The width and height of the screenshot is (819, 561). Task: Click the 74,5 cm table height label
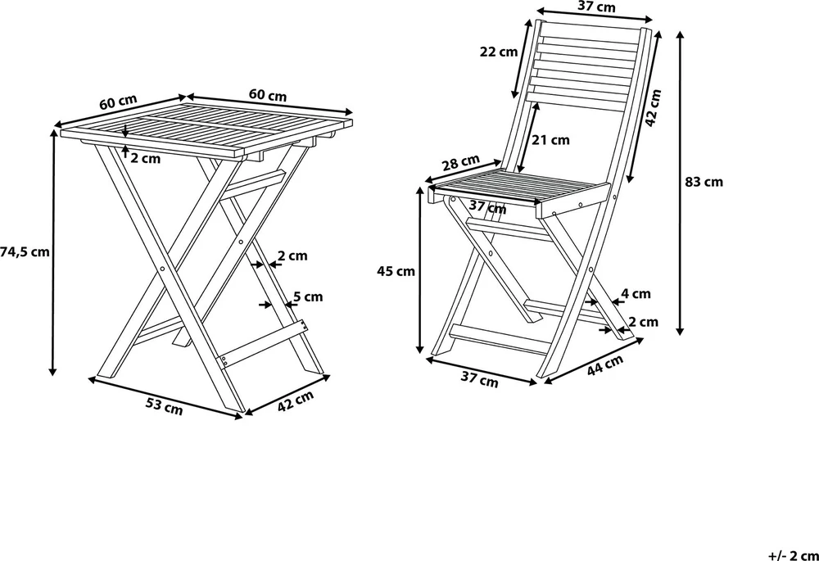tap(25, 252)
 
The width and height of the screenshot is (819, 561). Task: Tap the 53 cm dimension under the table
tap(165, 406)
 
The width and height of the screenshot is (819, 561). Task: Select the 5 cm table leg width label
tap(308, 296)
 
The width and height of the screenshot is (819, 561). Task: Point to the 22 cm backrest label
tap(499, 52)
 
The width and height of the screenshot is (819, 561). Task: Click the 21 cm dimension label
tap(550, 139)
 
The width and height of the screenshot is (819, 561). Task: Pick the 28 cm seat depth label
tap(460, 163)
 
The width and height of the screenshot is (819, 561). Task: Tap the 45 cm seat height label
tap(396, 271)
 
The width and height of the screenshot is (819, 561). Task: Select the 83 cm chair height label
tap(704, 182)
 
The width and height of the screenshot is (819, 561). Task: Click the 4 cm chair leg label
tap(636, 293)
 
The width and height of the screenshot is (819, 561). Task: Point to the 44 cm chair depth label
tap(605, 365)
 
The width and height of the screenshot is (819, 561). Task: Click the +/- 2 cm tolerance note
tap(794, 554)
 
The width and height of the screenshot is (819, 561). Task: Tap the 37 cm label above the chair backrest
tap(596, 7)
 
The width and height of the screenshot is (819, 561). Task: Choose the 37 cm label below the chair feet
tap(479, 380)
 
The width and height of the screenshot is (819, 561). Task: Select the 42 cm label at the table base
tap(295, 400)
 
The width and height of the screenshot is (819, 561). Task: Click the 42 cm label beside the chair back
tap(653, 107)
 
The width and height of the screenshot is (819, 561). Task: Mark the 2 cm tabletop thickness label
tap(146, 158)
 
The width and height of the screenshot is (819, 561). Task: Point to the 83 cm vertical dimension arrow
tap(680, 183)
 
